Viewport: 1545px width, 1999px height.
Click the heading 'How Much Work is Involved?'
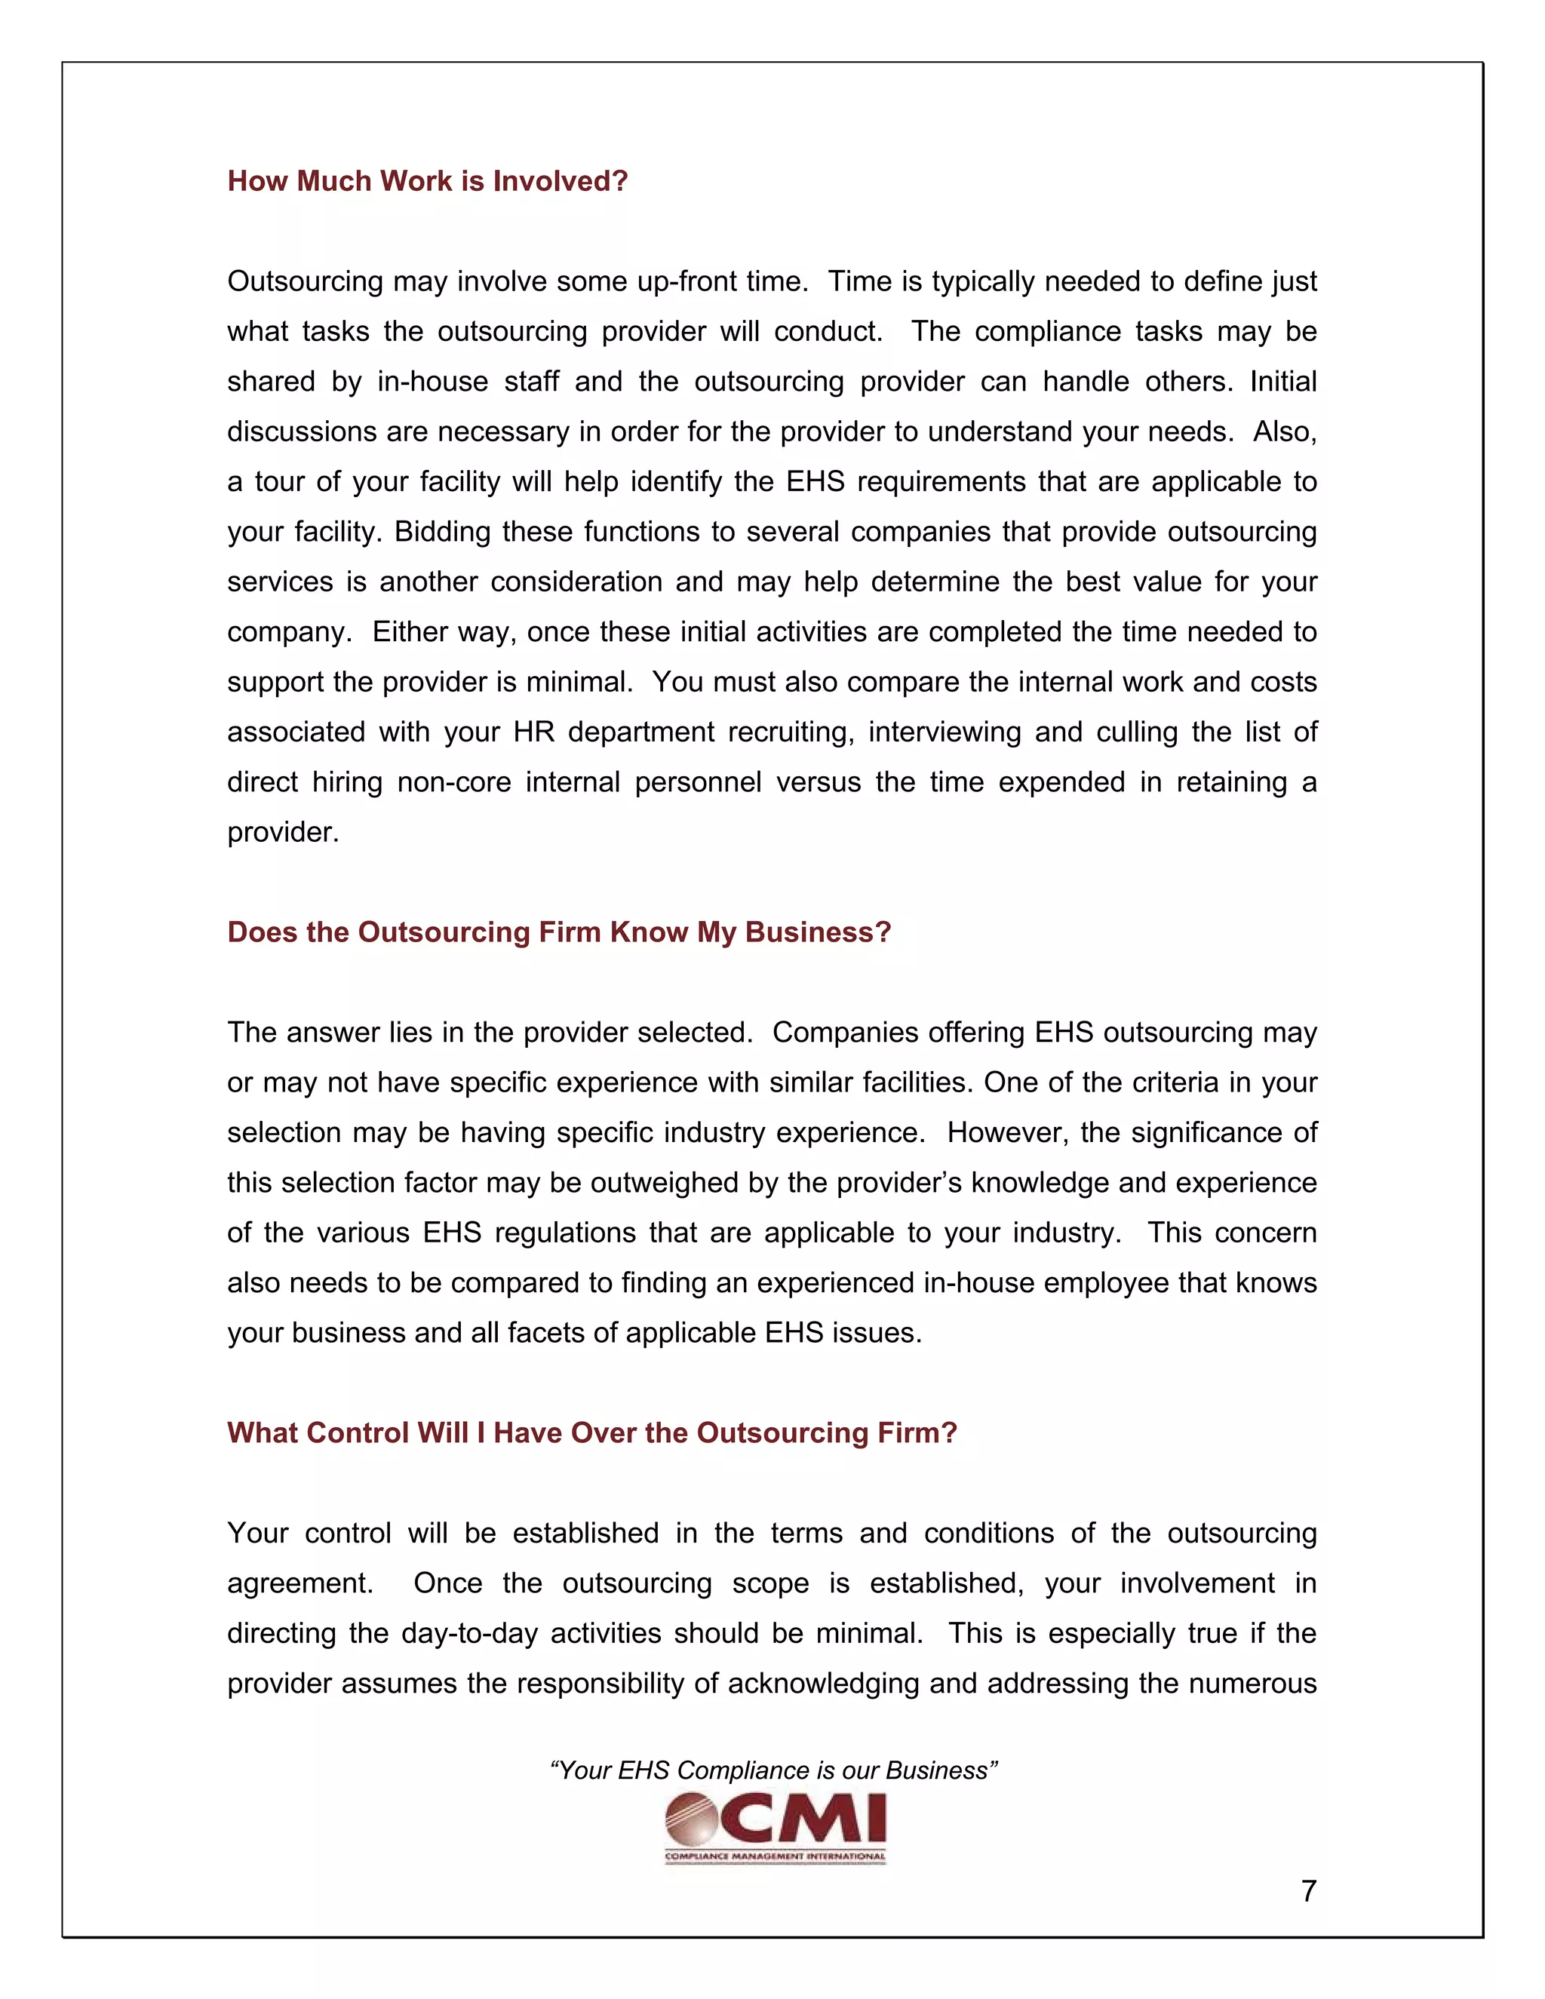coord(428,181)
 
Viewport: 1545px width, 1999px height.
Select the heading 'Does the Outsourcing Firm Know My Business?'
coord(558,932)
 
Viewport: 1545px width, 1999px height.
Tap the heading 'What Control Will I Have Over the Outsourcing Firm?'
coord(591,1432)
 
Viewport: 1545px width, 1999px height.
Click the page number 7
coord(1308,1891)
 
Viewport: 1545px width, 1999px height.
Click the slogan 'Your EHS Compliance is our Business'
coord(772,1770)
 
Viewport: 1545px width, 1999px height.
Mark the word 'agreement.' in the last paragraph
coord(300,1583)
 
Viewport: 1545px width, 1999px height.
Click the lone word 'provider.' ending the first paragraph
coord(283,832)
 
